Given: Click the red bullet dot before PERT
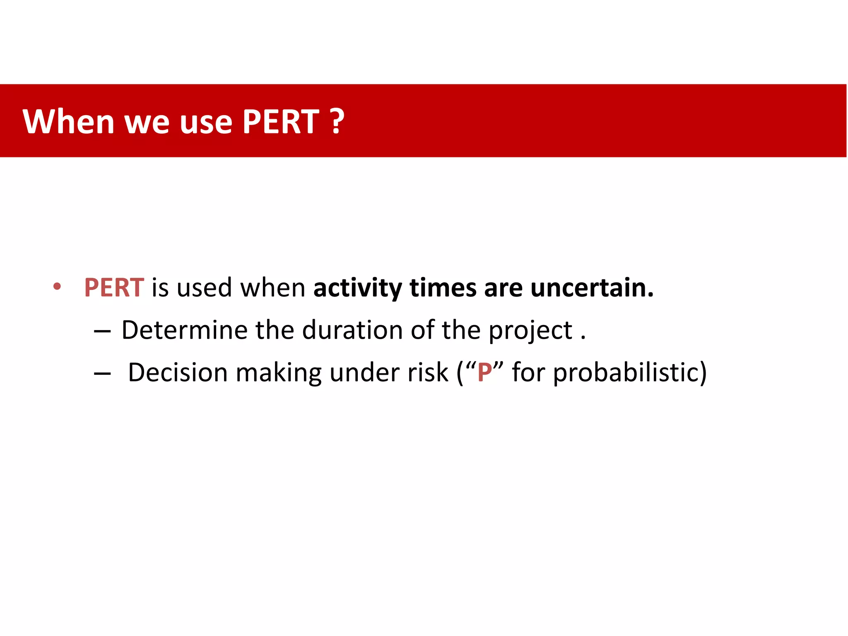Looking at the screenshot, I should pos(57,287).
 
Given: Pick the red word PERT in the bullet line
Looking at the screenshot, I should pos(114,287).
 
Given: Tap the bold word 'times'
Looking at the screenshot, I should pos(443,287).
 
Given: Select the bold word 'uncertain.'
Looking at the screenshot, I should pos(592,287).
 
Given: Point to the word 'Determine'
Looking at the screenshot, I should pos(184,330).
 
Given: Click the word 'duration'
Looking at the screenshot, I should pos(352,330).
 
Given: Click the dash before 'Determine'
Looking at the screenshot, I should pos(102,331).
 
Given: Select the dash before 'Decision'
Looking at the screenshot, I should pos(102,374).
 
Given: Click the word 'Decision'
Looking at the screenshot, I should pos(178,372).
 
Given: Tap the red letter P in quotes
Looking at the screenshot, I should pos(484,372).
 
